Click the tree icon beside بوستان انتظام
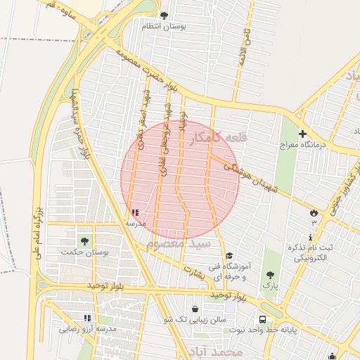click(164, 15)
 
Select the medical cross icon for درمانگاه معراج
click(302, 133)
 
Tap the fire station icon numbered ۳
click(313, 212)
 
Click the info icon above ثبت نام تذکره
click(311, 237)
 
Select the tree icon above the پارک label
click(270, 275)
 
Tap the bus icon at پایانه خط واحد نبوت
click(262, 319)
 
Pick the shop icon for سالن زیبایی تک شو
click(195, 309)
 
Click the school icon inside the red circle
click(135, 212)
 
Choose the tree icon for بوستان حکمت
click(84, 241)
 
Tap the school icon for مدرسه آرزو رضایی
click(87, 318)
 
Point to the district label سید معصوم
click(179, 243)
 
